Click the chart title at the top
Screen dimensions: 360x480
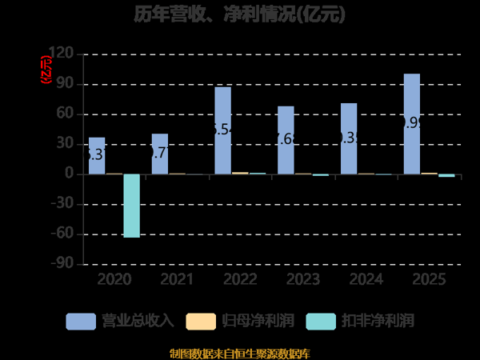tap(240, 14)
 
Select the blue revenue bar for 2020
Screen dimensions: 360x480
tap(97, 156)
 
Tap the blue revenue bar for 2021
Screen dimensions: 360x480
tap(160, 154)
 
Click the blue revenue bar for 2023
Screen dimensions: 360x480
tap(286, 140)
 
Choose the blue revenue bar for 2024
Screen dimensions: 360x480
tap(349, 138)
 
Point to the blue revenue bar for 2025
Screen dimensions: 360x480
tap(412, 124)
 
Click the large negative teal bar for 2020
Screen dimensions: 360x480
tap(131, 206)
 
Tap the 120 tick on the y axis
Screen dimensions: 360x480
tap(62, 54)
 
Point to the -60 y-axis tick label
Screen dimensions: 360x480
tap(62, 234)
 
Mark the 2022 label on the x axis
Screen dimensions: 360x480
tap(240, 280)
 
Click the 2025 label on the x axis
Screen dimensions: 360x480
tap(429, 280)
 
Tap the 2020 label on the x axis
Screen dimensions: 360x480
tap(114, 280)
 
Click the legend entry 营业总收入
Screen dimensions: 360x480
tap(120, 322)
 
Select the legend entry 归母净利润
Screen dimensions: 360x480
tap(240, 322)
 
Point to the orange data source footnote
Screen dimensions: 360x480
tap(240, 353)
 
